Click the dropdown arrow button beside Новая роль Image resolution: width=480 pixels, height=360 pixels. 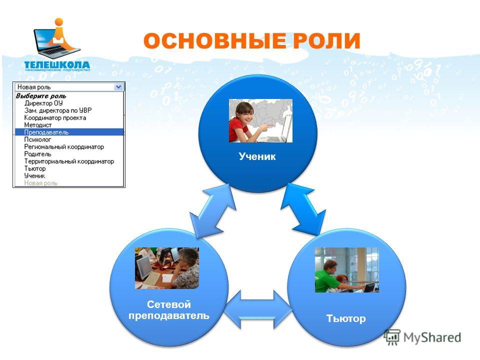pos(118,87)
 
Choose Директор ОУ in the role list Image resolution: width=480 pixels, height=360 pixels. pos(43,103)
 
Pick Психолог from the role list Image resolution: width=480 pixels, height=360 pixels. pos(37,139)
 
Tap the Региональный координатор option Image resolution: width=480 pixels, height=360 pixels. pos(64,147)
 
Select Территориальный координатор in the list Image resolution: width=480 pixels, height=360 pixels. pos(69,161)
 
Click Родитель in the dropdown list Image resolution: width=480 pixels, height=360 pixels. pos(37,154)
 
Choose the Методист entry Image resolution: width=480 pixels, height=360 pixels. pos(38,125)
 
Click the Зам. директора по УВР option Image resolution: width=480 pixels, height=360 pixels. pos(58,110)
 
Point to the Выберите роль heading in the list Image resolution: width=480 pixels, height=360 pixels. pos(41,96)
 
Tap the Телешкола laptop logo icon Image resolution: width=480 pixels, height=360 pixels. pos(57,38)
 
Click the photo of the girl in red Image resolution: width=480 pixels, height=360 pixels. pos(261,120)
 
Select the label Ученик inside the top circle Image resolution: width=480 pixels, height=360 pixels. pos(257,156)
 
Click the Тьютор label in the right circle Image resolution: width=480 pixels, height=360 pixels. pos(346,318)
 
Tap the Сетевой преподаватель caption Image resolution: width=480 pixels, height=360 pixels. pos(168,310)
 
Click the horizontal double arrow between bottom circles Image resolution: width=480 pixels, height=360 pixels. pos(258,309)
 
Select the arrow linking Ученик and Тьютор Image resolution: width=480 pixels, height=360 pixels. pos(303,209)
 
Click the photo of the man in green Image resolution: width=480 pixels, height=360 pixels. pos(347,269)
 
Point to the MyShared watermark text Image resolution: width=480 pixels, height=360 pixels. pos(432,337)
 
